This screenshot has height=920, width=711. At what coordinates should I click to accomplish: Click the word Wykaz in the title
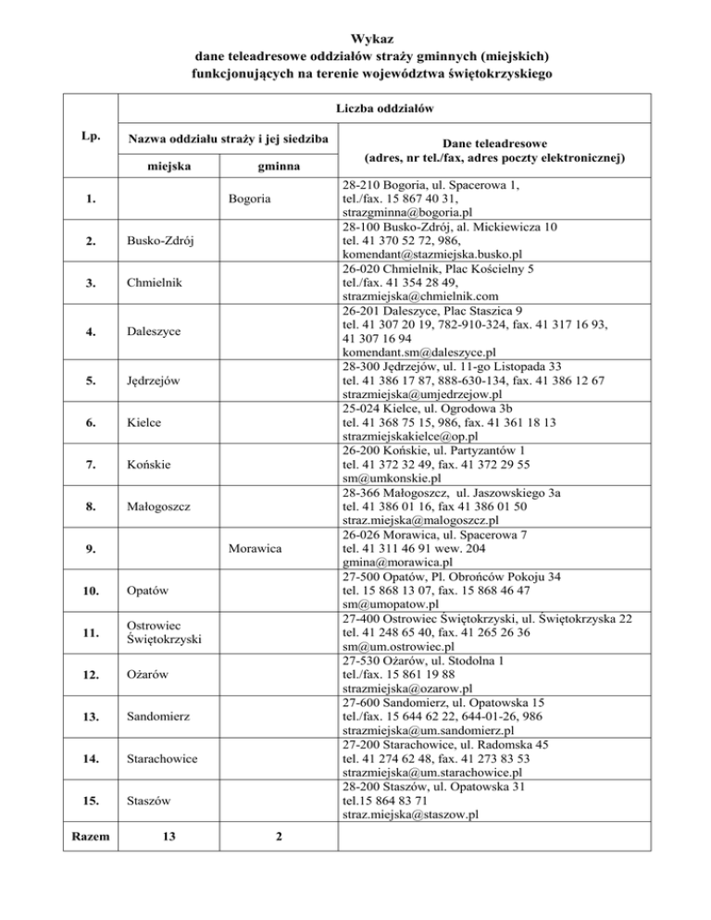point(355,39)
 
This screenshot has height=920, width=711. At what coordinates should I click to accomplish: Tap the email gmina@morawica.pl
point(396,562)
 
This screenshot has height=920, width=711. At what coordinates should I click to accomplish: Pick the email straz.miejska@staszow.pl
point(409,814)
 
